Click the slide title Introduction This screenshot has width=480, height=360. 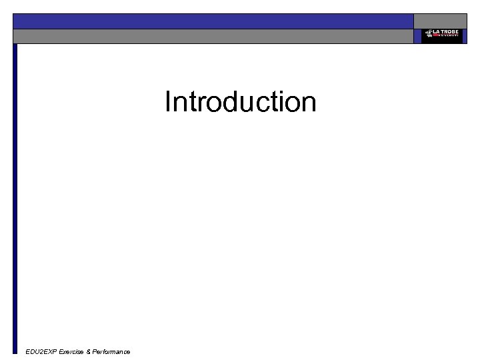point(240,102)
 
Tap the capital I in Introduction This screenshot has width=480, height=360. point(168,102)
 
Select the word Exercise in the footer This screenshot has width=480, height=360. point(71,351)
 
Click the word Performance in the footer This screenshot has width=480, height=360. point(111,351)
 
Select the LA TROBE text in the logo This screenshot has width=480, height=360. point(445,32)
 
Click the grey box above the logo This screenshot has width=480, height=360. point(440,21)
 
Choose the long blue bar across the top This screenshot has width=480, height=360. point(213,21)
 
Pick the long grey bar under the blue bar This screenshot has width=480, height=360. point(213,36)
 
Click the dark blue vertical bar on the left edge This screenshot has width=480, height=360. point(15,200)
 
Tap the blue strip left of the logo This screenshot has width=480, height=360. point(417,36)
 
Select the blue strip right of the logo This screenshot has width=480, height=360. point(464,36)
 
